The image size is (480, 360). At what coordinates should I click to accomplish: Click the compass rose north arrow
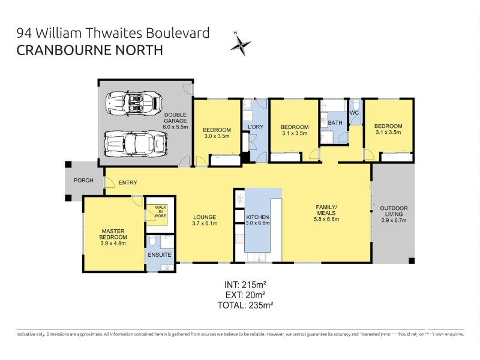241,44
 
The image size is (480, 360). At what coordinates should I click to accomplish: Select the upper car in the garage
133,103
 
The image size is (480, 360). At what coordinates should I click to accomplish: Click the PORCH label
83,180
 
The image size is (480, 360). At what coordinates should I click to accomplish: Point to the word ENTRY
128,182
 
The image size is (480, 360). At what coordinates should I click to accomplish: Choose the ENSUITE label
160,255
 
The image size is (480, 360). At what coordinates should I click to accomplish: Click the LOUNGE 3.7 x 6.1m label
205,220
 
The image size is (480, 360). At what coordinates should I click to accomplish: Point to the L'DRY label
256,127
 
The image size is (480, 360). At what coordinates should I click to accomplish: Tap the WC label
354,112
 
